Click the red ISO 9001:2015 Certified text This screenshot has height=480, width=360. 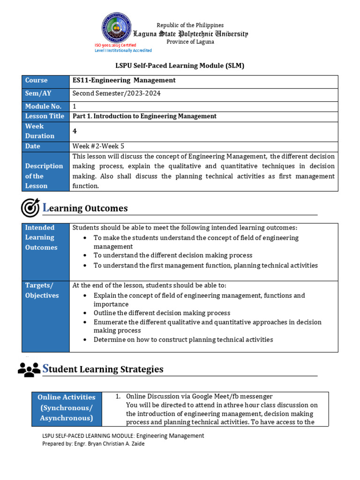(x=115, y=45)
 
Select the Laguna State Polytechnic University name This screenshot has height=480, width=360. (x=190, y=34)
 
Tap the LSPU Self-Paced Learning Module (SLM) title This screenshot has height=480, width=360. (x=180, y=66)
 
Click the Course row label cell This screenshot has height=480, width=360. (x=45, y=81)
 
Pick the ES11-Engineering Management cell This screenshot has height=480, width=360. (x=124, y=81)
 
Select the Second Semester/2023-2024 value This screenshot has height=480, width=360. (x=116, y=93)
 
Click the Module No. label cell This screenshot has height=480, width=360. (x=45, y=106)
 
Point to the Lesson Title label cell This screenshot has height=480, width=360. (x=45, y=116)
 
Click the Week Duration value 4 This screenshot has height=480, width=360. (x=75, y=131)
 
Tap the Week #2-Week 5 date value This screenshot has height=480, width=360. (x=98, y=146)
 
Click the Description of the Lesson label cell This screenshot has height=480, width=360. (x=45, y=176)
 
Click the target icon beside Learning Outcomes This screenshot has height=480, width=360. (x=30, y=208)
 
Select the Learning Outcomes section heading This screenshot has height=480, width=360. (x=85, y=208)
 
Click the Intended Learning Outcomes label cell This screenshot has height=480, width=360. (x=45, y=238)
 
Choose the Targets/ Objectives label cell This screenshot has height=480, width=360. (x=45, y=290)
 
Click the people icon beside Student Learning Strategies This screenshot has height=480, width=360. (x=29, y=369)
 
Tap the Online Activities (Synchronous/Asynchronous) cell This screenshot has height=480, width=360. (x=66, y=407)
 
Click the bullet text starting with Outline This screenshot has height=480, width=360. (x=162, y=313)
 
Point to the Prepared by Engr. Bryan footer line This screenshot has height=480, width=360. (x=93, y=443)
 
